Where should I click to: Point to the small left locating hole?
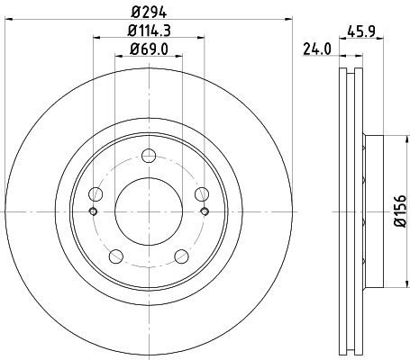pos(93,211)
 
